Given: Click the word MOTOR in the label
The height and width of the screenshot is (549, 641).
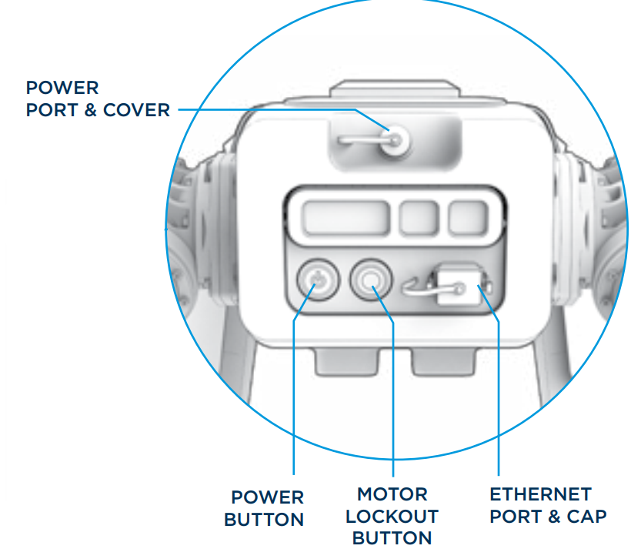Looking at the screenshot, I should click(x=392, y=494).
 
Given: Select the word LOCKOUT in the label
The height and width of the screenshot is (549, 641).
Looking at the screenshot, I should click(x=392, y=516).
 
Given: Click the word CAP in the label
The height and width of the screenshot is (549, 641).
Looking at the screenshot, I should click(x=587, y=516).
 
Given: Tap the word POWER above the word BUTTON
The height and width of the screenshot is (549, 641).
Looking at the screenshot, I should click(x=267, y=497).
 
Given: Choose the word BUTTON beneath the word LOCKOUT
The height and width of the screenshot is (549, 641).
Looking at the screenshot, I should click(x=392, y=537).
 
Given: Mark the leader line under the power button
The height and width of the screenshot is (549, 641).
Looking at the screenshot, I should click(x=295, y=400).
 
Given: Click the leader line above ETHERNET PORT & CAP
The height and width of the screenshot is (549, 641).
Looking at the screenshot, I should click(x=499, y=400).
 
